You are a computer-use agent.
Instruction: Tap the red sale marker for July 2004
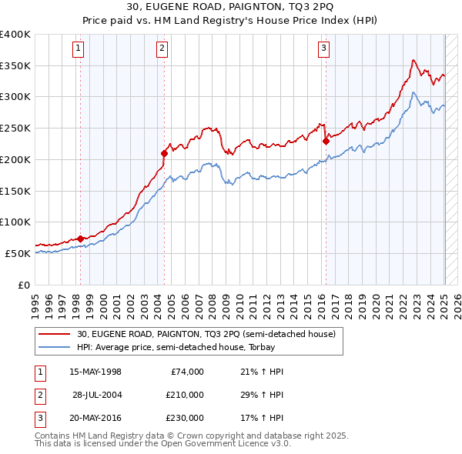[164, 152]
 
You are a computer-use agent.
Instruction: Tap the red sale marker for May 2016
[326, 140]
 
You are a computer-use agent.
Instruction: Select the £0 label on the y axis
[23, 284]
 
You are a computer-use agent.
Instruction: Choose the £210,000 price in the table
[185, 395]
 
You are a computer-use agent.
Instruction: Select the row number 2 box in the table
[39, 395]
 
